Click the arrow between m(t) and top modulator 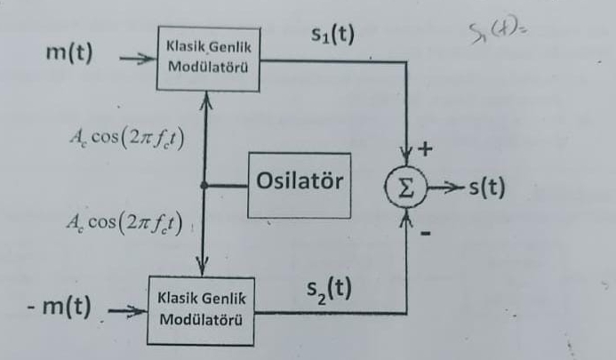(134, 60)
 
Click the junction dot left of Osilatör (204, 185)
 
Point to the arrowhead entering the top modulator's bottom (204, 99)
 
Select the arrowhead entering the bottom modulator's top (204, 268)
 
